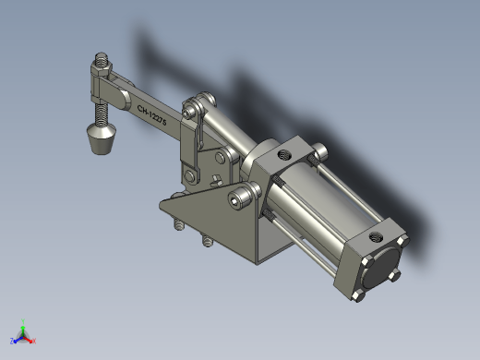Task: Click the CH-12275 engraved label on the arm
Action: click(x=151, y=115)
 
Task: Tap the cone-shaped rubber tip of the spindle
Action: click(x=102, y=138)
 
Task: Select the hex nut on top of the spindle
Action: click(x=101, y=69)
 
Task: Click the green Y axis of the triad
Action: click(x=23, y=328)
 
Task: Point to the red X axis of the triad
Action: click(x=30, y=340)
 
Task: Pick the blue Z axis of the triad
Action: click(x=17, y=340)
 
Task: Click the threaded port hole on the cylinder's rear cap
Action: click(x=375, y=237)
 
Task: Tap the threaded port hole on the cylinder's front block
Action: click(x=284, y=154)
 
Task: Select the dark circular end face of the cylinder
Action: click(x=380, y=268)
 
